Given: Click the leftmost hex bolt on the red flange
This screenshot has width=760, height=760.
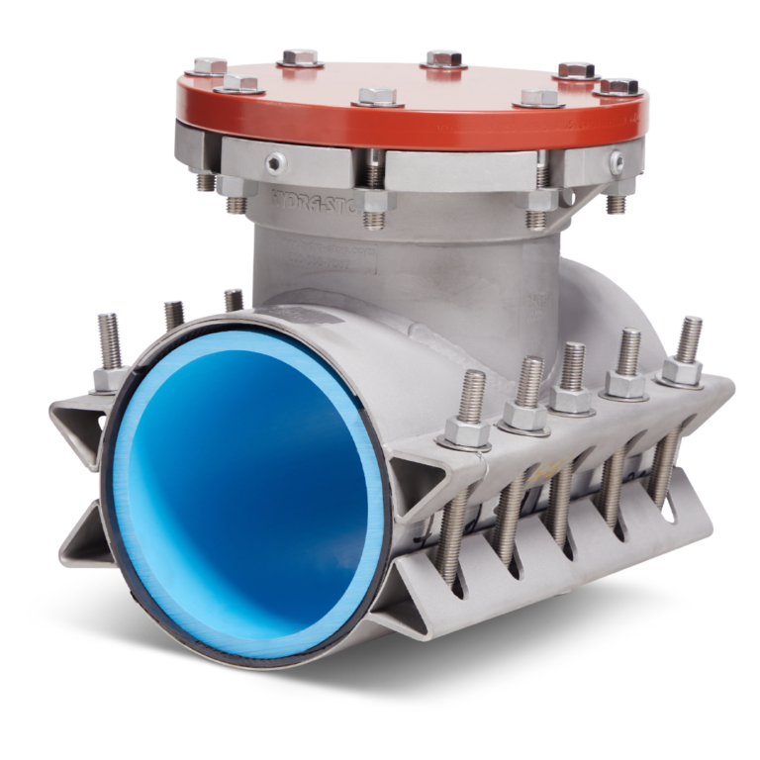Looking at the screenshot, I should tap(210, 66).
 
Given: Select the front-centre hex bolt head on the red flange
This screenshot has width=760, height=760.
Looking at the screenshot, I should tap(377, 97).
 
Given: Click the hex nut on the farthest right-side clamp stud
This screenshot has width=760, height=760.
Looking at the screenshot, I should tap(683, 369).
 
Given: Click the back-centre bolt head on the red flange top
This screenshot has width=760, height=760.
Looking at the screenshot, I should tap(443, 58).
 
